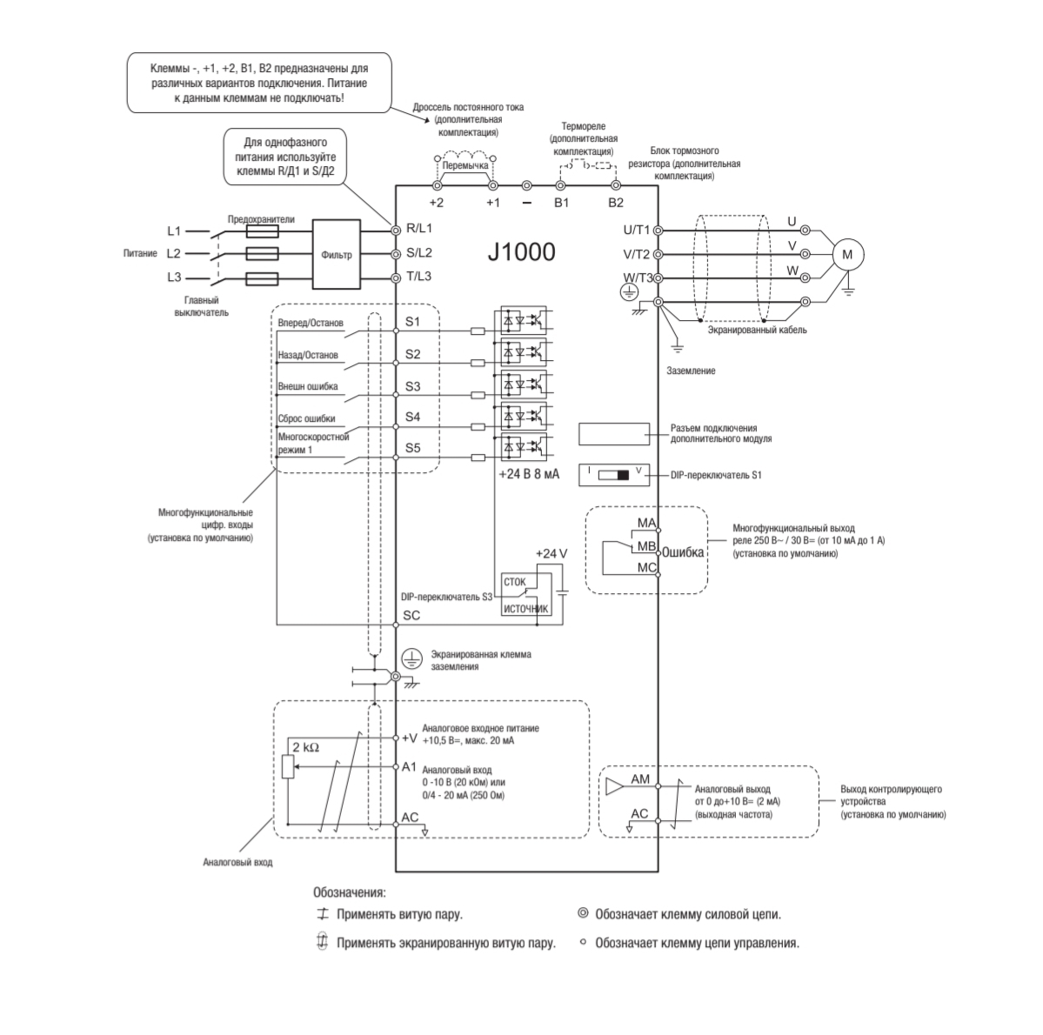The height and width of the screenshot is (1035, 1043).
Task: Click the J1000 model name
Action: [521, 253]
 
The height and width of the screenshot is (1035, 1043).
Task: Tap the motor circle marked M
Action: [847, 254]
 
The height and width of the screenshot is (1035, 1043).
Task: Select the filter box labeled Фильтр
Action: [337, 255]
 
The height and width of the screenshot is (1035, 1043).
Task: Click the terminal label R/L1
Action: [419, 229]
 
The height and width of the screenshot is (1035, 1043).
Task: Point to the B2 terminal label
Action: [616, 204]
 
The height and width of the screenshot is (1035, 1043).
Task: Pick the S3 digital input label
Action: [413, 385]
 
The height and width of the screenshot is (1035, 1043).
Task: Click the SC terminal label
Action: [412, 615]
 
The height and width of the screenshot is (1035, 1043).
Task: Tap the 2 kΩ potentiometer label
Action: [304, 747]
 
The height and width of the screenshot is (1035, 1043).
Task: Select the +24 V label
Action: [551, 553]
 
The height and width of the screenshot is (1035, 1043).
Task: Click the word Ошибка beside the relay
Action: [684, 552]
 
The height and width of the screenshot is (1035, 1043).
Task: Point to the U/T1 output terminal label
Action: [637, 230]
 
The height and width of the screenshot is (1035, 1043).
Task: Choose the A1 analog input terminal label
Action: [411, 767]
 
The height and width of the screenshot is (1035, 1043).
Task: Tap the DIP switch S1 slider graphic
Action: [618, 476]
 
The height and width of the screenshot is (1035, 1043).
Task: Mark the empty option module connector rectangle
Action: [614, 433]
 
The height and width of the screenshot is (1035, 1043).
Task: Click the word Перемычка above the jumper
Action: [465, 164]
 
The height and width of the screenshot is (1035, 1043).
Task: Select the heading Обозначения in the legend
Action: [349, 892]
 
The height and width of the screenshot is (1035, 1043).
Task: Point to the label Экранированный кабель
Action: [757, 331]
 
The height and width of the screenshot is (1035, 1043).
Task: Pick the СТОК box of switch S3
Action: [515, 582]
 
